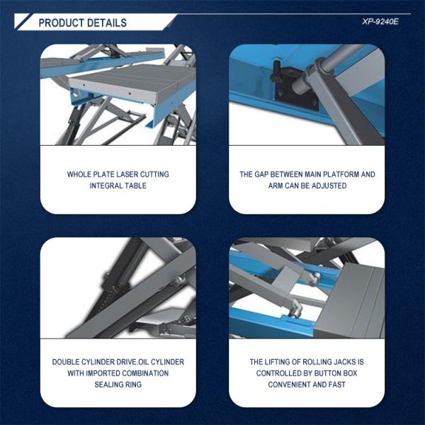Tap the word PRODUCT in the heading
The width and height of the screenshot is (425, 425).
(59, 23)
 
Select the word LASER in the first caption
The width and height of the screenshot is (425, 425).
(132, 174)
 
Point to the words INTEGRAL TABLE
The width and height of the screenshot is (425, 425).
(118, 186)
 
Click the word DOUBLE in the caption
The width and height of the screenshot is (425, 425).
(67, 362)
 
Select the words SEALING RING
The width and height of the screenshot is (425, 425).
(118, 385)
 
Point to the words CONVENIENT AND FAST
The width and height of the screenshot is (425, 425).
(307, 385)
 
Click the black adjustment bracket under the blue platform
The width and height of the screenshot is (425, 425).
(286, 84)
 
